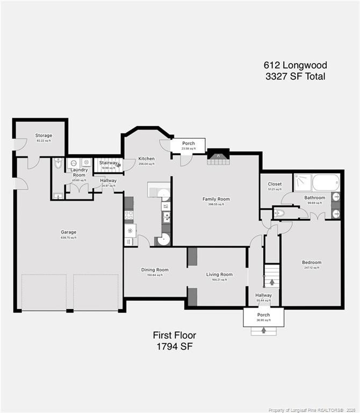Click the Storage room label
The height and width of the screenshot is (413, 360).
[x=44, y=136]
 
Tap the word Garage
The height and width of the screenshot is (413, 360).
[x=68, y=232]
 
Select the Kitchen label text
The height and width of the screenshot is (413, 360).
[x=146, y=159]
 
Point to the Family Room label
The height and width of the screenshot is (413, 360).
[x=216, y=199]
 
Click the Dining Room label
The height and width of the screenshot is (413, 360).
[x=155, y=270]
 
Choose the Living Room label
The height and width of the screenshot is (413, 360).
[x=219, y=274]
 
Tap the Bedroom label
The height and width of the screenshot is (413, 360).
[x=312, y=262]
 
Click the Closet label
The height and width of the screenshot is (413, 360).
[x=275, y=184]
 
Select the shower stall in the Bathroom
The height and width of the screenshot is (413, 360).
[x=303, y=182]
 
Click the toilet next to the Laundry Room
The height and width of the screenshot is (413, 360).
[x=59, y=163]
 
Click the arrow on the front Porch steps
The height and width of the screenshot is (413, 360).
[x=263, y=330]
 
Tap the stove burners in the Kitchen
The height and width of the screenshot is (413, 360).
[x=129, y=216]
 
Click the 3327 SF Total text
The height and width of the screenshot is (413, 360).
[x=295, y=76]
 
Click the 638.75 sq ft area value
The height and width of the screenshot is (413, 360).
[x=68, y=238]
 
